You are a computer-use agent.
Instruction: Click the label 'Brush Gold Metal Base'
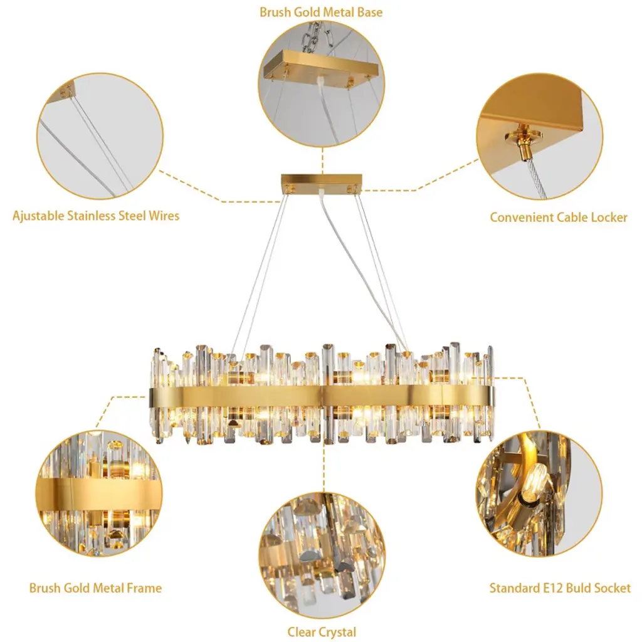[321, 12]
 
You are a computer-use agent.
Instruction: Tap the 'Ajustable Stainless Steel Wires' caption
[96, 216]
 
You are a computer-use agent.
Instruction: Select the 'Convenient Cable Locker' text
[559, 218]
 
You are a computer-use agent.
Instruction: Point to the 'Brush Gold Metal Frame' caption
[95, 588]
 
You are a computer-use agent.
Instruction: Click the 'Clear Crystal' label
[322, 632]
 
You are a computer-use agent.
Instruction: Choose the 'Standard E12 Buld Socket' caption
[560, 588]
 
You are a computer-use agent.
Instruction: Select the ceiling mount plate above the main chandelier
[322, 183]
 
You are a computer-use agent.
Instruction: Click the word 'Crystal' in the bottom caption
[338, 632]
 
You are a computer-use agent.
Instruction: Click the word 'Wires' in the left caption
[164, 216]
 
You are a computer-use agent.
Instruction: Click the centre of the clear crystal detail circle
[322, 555]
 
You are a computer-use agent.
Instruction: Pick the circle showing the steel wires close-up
[100, 136]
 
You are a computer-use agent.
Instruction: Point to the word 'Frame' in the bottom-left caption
[144, 588]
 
